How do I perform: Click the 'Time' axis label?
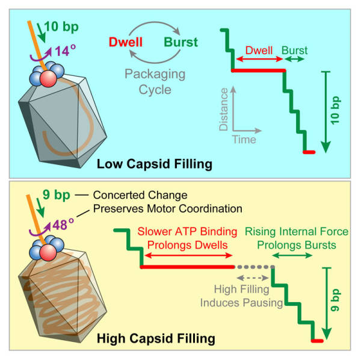coord(245,140)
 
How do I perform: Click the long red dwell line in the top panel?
coord(259,70)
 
